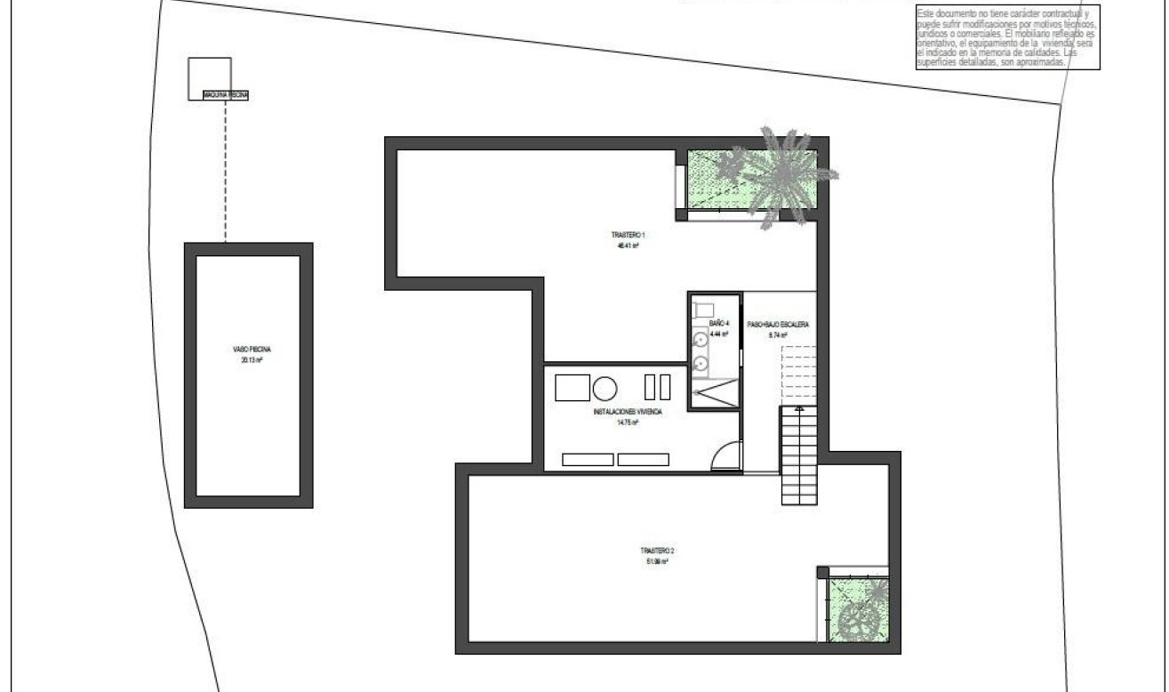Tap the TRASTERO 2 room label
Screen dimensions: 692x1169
pos(655,556)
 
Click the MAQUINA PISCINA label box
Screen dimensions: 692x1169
pos(225,94)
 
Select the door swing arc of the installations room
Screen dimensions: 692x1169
pos(726,456)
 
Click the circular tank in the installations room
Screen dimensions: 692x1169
pos(605,388)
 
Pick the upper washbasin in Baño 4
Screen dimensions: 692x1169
pos(701,337)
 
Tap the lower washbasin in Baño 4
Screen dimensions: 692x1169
pos(701,363)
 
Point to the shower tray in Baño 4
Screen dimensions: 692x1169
pos(715,391)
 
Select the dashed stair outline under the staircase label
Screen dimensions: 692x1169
pos(798,374)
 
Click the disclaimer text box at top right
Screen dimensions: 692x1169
pos(1008,36)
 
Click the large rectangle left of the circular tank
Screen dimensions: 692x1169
pos(572,388)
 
